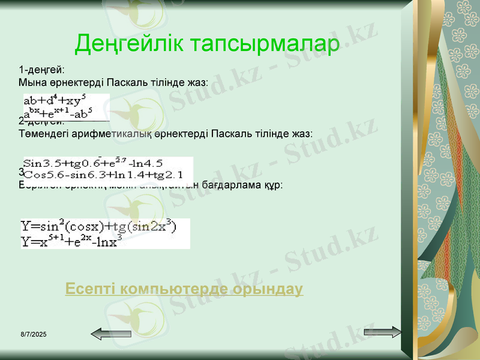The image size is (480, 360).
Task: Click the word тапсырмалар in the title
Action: point(264,43)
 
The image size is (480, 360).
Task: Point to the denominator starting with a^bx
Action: point(58,112)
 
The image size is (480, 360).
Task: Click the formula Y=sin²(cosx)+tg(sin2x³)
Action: point(99,227)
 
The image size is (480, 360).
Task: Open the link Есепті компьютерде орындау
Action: point(184,289)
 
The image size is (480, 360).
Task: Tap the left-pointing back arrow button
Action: point(111,334)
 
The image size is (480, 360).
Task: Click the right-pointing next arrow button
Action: point(382,332)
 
